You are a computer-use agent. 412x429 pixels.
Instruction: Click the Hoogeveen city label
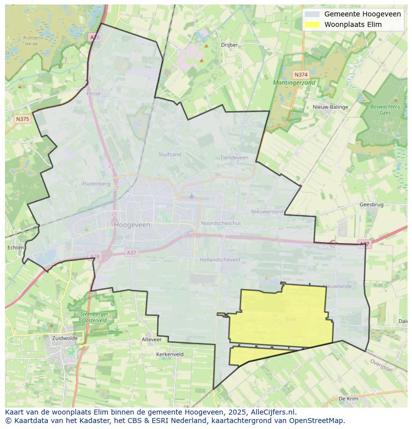coord(132,225)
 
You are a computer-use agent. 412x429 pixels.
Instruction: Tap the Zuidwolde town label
coord(65,338)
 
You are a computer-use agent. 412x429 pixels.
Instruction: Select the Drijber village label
coord(229,45)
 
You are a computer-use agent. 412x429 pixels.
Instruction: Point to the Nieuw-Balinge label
coord(330,107)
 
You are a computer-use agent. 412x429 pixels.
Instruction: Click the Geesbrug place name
coord(371,205)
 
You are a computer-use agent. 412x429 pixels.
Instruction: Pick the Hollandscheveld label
coord(219,260)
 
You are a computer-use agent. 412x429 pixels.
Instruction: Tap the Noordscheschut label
coord(221,223)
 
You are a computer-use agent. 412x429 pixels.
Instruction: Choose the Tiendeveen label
coord(234,157)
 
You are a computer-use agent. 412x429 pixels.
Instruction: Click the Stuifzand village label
coord(170,154)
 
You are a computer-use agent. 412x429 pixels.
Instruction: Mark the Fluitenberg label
coord(97,184)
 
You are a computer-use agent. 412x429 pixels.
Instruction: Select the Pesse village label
coord(93,93)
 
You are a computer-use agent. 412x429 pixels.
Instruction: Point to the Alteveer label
coord(152,339)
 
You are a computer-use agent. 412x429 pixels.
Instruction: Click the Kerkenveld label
coord(170,354)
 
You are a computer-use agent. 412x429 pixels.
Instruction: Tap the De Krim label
coord(348,399)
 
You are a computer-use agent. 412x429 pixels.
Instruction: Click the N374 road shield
coord(301,74)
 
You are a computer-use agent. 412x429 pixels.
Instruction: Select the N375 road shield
coord(22,119)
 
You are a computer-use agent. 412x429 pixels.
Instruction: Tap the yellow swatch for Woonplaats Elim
coord(312,24)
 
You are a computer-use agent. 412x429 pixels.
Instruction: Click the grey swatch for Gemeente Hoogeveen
coord(312,14)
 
